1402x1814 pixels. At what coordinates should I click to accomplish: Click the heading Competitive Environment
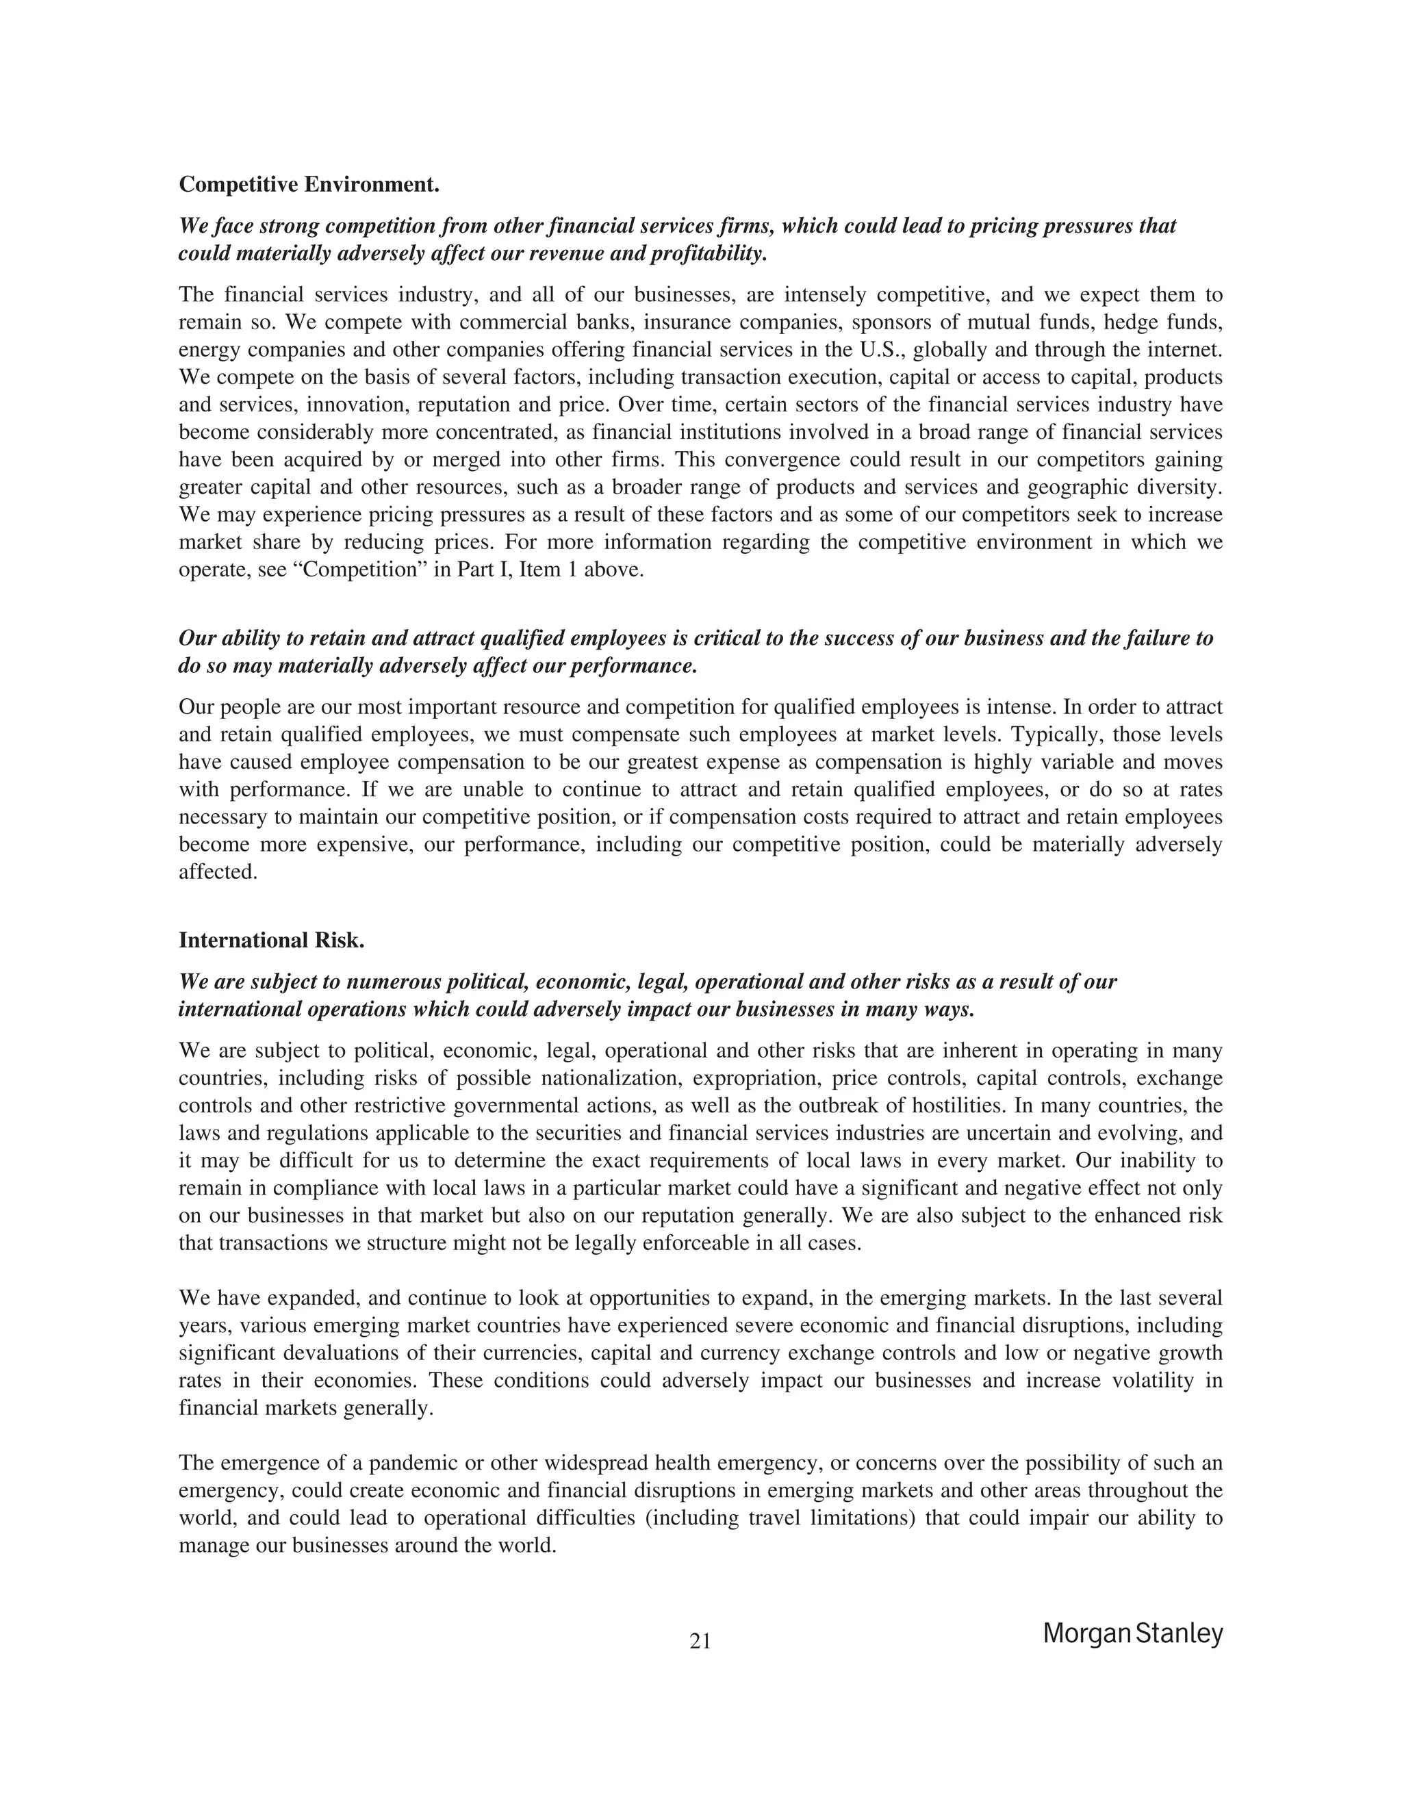coord(309,184)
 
